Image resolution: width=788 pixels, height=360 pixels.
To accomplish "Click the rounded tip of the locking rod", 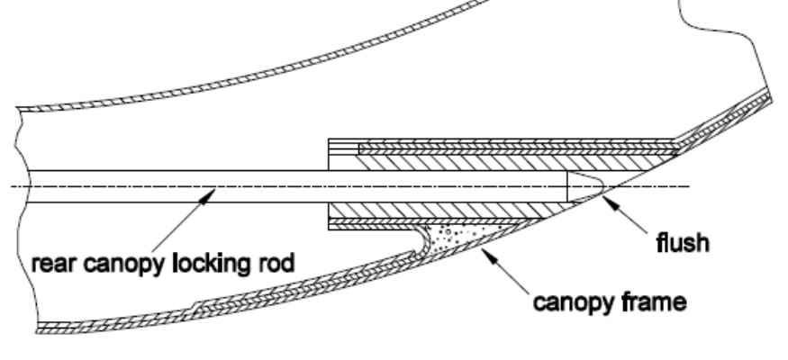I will coord(585,186).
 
